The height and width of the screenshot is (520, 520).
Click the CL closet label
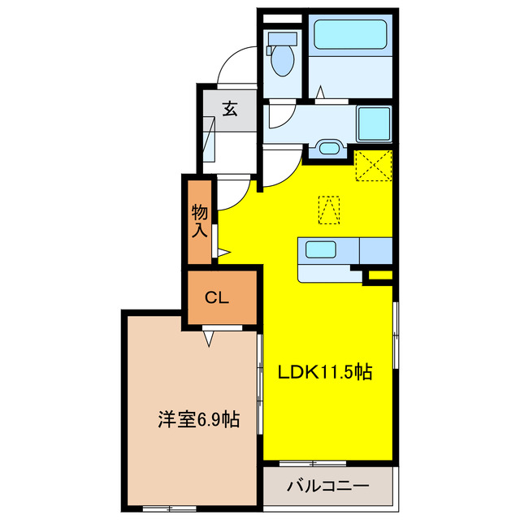coord(216,297)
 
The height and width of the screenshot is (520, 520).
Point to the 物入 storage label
coord(200,221)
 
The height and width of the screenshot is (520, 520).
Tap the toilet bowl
coord(283,59)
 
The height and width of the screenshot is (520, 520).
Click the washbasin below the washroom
coord(328,148)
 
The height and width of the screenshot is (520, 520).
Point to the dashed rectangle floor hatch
coord(328,209)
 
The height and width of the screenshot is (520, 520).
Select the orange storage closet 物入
coord(200,222)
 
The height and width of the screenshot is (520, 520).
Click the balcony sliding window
coord(313,464)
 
